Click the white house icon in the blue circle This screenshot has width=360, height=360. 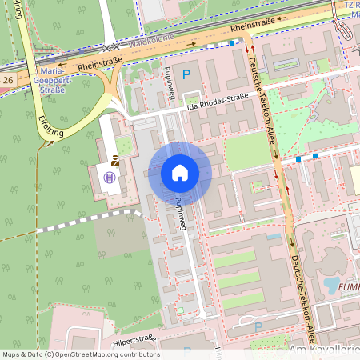[180, 173]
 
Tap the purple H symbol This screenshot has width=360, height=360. [110, 177]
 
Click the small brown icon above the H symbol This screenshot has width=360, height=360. [116, 159]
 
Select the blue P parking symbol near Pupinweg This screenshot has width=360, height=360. [187, 74]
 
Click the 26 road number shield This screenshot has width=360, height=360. [7, 82]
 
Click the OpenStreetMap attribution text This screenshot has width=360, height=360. [80, 354]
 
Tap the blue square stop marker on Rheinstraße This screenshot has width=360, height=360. [233, 43]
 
